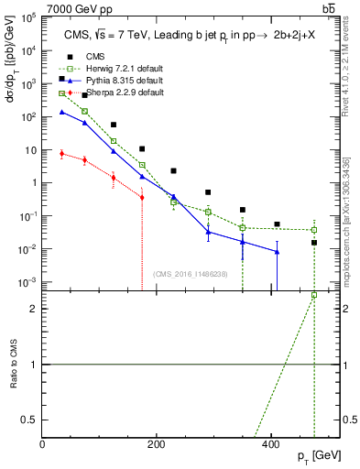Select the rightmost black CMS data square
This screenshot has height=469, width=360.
pyautogui.click(x=313, y=243)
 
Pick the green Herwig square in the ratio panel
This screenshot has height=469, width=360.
pyautogui.click(x=313, y=295)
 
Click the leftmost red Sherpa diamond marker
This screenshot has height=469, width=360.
pyautogui.click(x=60, y=154)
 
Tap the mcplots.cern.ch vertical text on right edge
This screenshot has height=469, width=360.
pyautogui.click(x=352, y=220)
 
